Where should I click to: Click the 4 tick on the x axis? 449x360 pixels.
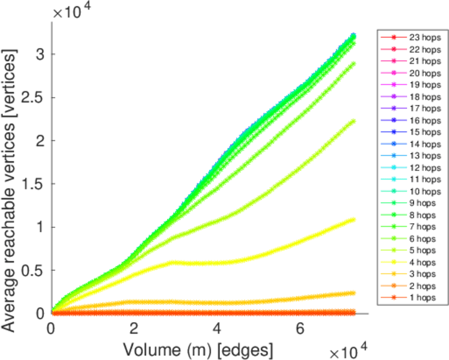[217, 329]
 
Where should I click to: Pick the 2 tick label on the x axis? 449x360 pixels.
[134, 329]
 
